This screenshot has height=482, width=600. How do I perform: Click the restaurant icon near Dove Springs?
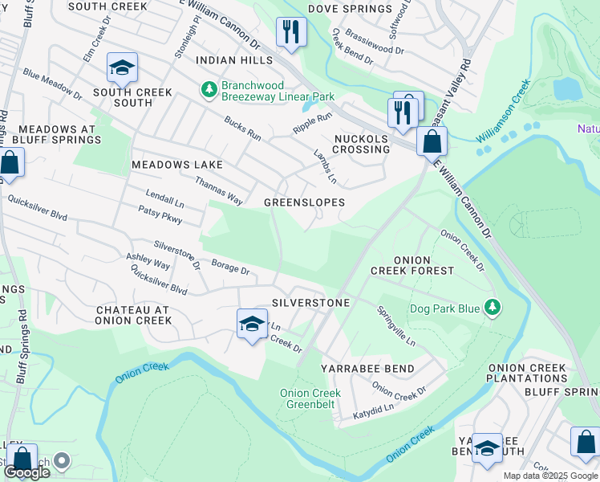coord(290,33)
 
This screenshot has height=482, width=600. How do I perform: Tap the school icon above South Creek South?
coord(121,68)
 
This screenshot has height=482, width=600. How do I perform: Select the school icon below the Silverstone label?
coord(252,325)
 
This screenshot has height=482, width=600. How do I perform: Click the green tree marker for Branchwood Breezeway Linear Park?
coord(209,88)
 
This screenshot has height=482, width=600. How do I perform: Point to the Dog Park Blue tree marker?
coord(493,308)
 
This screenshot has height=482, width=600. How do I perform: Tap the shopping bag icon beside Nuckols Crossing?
coord(432,142)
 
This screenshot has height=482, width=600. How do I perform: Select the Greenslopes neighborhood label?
coord(305,202)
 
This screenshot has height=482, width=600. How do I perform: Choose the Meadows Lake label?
coord(176,165)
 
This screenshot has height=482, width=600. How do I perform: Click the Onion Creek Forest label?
coord(411,266)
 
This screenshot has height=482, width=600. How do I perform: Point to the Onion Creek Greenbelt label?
coord(310,398)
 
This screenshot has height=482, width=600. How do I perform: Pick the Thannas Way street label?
coord(219,193)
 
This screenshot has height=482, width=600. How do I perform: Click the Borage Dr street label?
coord(230,268)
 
